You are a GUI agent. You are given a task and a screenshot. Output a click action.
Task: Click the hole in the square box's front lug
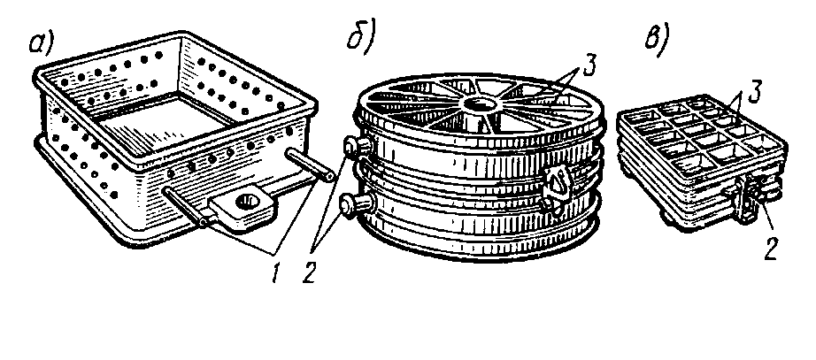click(245, 204)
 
